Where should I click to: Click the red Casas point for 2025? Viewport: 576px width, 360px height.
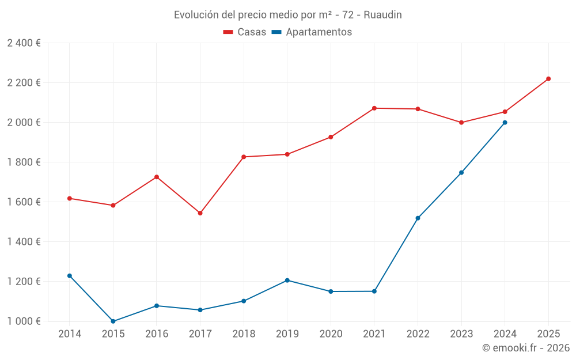548,79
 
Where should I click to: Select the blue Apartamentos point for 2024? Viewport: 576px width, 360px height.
505,123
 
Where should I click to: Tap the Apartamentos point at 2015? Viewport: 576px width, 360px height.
113,321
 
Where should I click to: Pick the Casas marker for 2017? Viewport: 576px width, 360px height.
200,213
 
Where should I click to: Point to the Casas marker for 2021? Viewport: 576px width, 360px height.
374,108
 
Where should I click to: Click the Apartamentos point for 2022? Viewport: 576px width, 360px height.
418,218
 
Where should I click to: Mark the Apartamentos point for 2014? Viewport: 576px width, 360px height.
70,276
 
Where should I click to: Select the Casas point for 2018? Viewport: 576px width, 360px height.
244,157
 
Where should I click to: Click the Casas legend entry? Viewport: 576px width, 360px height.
245,32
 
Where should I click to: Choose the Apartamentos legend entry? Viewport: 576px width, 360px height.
312,32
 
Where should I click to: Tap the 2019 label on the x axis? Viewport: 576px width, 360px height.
287,334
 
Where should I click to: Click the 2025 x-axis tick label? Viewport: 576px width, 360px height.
548,334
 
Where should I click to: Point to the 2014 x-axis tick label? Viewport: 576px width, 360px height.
70,334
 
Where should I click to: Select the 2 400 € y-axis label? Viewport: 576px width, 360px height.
24,43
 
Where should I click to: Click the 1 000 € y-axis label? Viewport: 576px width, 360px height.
24,321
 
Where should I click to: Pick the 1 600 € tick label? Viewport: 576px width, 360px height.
24,202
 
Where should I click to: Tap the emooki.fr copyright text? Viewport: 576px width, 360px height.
526,348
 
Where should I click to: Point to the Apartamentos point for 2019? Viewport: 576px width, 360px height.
287,281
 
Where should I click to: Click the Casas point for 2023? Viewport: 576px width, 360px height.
461,123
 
